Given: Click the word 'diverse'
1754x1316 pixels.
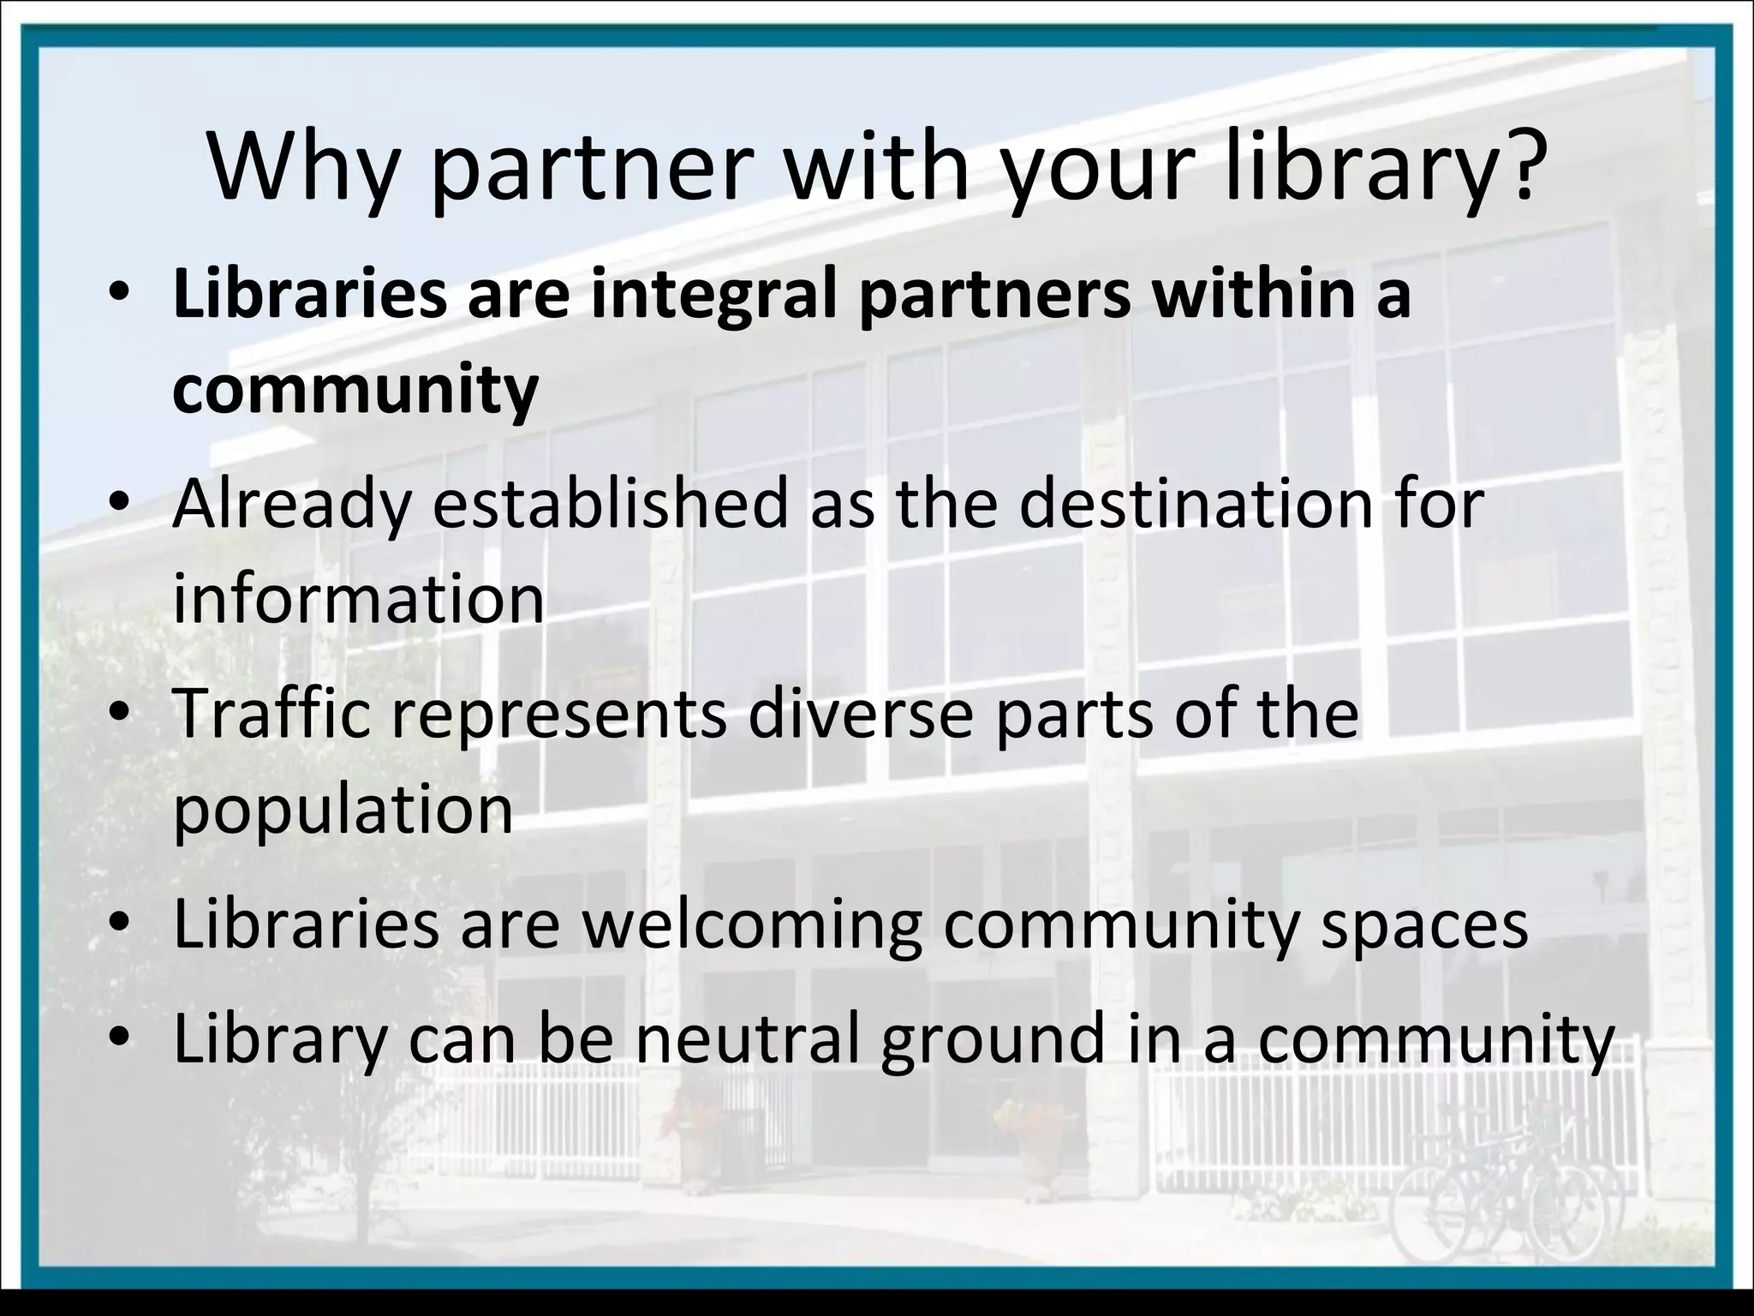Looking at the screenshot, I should point(860,715).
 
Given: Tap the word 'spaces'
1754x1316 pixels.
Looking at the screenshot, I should point(1423,925).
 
